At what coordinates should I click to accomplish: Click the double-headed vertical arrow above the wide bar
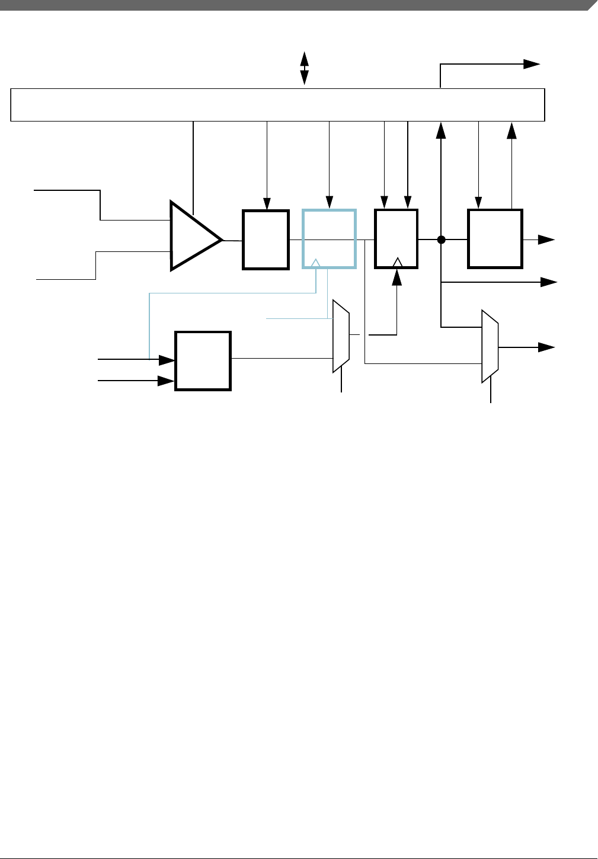coord(304,68)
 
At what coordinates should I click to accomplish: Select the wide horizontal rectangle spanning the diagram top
coord(277,105)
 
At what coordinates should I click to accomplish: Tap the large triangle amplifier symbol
coord(193,236)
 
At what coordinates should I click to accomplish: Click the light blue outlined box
coord(329,238)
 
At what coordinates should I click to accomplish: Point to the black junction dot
coord(441,240)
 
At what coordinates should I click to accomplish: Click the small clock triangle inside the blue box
coord(316,263)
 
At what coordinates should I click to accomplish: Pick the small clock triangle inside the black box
coord(398,262)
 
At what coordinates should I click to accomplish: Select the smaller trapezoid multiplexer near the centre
coord(341,336)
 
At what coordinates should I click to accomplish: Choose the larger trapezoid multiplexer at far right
coord(490,346)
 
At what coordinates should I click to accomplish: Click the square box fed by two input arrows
coord(203,360)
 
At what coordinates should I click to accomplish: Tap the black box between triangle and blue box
coord(266,240)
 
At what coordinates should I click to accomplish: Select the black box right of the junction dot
coord(495,238)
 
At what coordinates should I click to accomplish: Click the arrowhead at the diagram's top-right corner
coord(532,65)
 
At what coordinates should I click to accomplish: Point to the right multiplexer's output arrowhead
coord(546,347)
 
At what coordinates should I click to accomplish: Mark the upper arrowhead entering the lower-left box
coord(167,359)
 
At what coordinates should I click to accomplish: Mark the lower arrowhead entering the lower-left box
coord(167,381)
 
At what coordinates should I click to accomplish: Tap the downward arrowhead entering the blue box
coord(329,203)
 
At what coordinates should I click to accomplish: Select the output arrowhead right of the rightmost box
coord(546,240)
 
